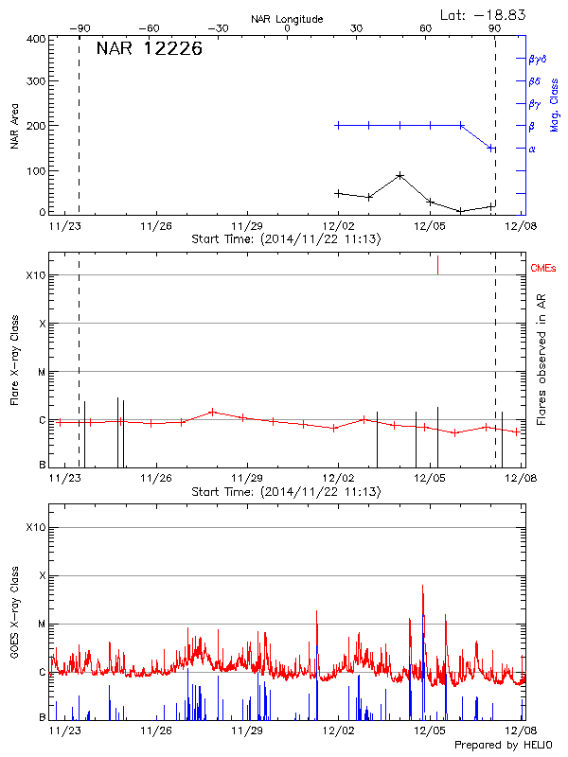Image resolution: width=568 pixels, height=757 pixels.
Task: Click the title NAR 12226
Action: (149, 50)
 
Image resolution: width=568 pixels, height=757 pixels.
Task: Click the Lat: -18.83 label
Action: (484, 14)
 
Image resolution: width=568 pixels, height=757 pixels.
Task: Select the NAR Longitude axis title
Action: (287, 18)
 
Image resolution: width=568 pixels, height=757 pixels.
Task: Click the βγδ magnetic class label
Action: (537, 59)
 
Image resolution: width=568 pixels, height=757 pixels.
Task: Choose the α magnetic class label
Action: (532, 149)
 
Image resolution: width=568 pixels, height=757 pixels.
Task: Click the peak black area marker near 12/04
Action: (400, 176)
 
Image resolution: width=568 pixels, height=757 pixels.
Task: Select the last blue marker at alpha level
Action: (491, 148)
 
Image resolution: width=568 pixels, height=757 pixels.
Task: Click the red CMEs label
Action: (543, 270)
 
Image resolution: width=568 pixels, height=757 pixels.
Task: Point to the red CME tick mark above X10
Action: (437, 265)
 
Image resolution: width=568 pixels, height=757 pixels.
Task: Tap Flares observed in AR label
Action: (541, 364)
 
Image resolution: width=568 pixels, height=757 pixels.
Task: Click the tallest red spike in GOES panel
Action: (422, 587)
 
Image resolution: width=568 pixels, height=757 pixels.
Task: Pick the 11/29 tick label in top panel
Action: (247, 227)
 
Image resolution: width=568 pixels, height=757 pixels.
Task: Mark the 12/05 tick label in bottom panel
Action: (429, 731)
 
